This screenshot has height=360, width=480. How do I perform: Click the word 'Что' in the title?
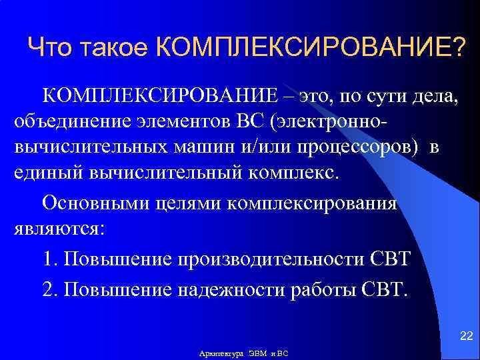(x=51, y=47)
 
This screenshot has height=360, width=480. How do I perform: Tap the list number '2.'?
(x=50, y=289)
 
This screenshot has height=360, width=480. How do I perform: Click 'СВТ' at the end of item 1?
(x=389, y=258)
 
